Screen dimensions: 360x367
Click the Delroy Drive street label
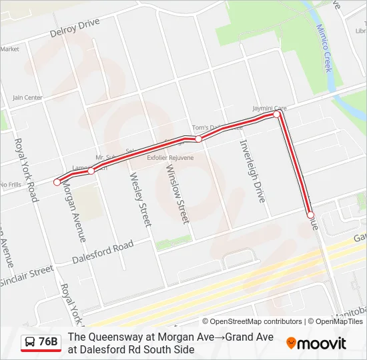tap(75, 27)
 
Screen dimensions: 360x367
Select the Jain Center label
tap(27, 97)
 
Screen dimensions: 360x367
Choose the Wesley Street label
tap(141, 199)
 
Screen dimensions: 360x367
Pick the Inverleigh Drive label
tap(252, 171)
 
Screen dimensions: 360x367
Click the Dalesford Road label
tap(103, 252)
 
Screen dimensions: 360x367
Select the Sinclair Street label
tap(27, 273)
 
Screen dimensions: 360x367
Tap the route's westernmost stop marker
tap(57, 181)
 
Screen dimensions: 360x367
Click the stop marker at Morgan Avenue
tap(91, 171)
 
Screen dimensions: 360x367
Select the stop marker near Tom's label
tap(198, 139)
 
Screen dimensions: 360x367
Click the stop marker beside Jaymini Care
tap(277, 115)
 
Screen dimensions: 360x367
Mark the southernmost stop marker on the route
tap(310, 215)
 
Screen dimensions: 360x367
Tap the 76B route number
tap(49, 342)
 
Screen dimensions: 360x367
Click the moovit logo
tap(316, 343)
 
